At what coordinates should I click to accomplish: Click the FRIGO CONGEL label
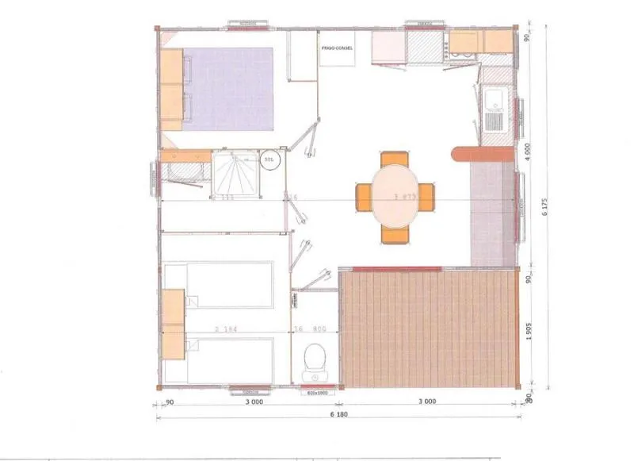[x=338, y=48]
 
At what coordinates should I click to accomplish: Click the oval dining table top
[x=395, y=194]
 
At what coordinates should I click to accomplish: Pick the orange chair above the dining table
[x=394, y=159]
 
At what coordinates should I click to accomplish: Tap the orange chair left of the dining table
[x=364, y=197]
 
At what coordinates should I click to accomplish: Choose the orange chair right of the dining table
[x=426, y=197]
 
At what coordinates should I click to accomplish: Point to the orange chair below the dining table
[x=395, y=233]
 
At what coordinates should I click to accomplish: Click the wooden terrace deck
[x=428, y=328]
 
